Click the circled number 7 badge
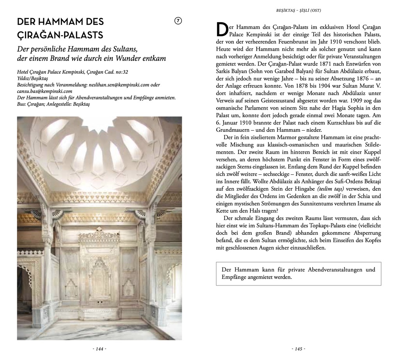(178, 21)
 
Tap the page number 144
(99, 349)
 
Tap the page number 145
(298, 349)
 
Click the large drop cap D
(221, 30)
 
